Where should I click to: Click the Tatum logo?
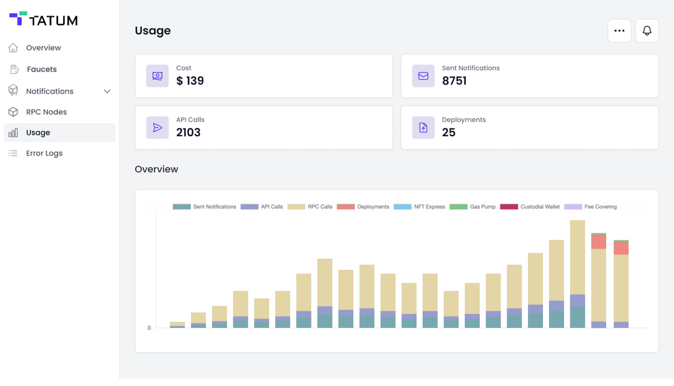(43, 20)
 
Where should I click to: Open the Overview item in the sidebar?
(43, 48)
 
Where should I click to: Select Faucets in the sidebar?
(41, 69)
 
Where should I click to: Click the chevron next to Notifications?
(107, 91)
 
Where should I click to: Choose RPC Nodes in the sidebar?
(46, 112)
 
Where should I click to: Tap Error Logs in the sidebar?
(44, 153)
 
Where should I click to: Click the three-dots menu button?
(619, 31)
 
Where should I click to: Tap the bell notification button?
(647, 31)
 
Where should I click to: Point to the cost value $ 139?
(190, 81)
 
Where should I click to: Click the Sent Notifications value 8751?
(454, 81)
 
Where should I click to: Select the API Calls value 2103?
(188, 132)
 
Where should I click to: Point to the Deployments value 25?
(448, 132)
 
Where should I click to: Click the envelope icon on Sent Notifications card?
(423, 76)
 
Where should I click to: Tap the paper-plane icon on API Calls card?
(157, 127)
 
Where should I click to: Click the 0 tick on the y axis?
(149, 328)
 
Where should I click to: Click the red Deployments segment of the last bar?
(621, 248)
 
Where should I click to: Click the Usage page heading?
(153, 31)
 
